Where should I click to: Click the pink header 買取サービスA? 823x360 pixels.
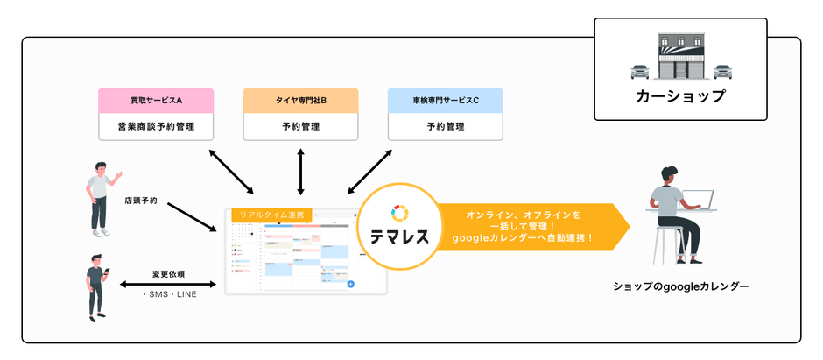(x=155, y=101)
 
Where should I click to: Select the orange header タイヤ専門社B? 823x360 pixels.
(x=300, y=101)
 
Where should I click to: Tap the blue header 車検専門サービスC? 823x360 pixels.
(x=446, y=101)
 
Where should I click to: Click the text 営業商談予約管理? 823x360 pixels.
(x=155, y=126)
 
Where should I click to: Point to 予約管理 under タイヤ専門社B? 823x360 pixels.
(x=300, y=126)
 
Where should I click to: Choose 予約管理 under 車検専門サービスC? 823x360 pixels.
(x=446, y=126)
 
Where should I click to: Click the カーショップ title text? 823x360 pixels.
(x=680, y=96)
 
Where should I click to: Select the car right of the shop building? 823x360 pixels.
(x=722, y=70)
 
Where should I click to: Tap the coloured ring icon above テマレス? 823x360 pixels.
(x=398, y=211)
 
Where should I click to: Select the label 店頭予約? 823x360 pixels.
(x=141, y=201)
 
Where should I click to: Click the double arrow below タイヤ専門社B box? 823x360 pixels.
(x=300, y=171)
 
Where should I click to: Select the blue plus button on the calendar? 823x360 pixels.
(x=350, y=284)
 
